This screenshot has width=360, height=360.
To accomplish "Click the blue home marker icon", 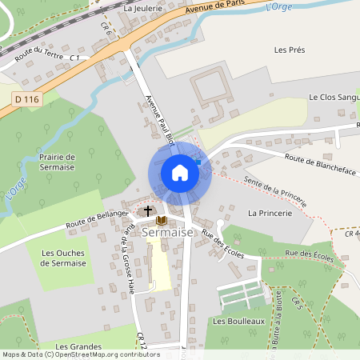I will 180,173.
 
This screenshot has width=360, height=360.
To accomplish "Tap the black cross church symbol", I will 147,211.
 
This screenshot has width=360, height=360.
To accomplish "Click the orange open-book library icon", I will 162,220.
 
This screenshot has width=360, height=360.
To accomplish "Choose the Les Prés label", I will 290,50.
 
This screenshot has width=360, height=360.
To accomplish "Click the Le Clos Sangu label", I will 334,97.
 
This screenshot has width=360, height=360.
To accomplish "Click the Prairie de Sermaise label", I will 57,162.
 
